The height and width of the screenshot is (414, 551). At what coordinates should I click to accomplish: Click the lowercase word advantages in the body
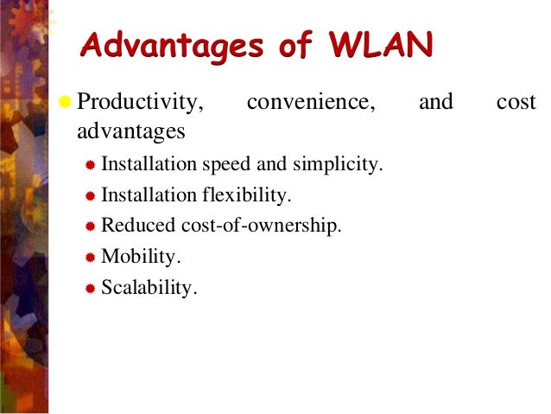click(130, 131)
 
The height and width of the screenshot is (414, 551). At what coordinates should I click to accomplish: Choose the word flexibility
click(254, 194)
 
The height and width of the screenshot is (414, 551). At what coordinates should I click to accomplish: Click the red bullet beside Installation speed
click(91, 165)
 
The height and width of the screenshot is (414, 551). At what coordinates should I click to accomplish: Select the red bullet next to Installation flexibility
click(91, 196)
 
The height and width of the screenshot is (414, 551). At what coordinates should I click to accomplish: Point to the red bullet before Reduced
click(91, 227)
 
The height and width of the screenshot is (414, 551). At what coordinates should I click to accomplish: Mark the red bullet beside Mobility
click(91, 258)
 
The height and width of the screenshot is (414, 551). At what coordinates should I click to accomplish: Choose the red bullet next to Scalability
click(91, 290)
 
